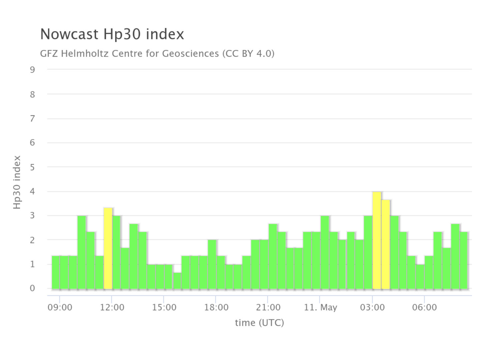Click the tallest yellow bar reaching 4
coord(377,240)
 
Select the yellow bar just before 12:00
coord(108,248)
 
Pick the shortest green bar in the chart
coord(177,281)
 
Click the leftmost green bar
coord(56,272)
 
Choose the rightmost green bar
coord(464,260)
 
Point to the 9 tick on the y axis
coord(32,70)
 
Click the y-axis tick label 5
coord(32,167)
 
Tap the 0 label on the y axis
coord(32,288)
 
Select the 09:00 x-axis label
coord(60,307)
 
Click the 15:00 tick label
coord(164,307)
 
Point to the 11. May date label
coord(320,307)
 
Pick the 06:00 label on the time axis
coord(424,307)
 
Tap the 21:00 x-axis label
coord(268,307)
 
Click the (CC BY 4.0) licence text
coord(248,53)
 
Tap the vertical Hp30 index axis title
coord(17,182)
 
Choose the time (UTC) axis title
coord(259,323)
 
